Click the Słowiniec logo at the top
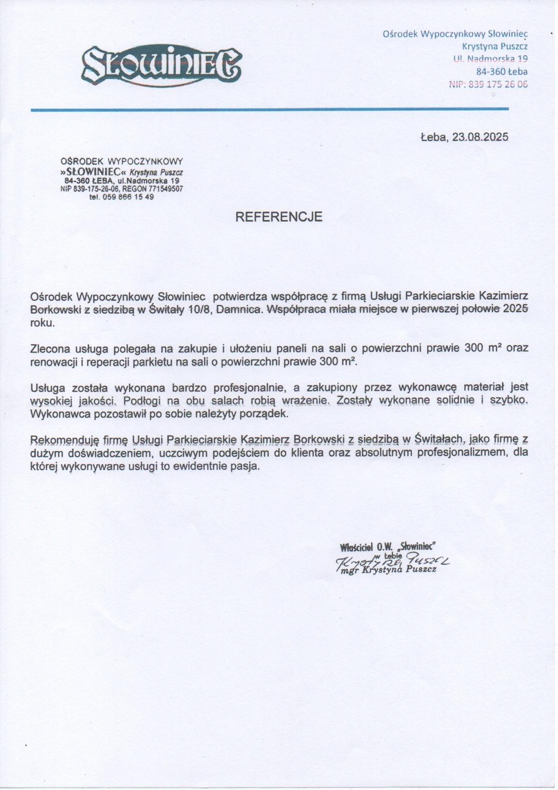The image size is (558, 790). coord(161,65)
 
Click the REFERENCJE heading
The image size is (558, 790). coord(279,217)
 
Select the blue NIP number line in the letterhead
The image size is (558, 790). coord(488,84)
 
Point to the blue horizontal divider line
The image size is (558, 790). coord(269,109)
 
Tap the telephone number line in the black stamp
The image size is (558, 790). coord(121,197)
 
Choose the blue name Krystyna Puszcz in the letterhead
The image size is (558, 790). coord(495,46)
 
